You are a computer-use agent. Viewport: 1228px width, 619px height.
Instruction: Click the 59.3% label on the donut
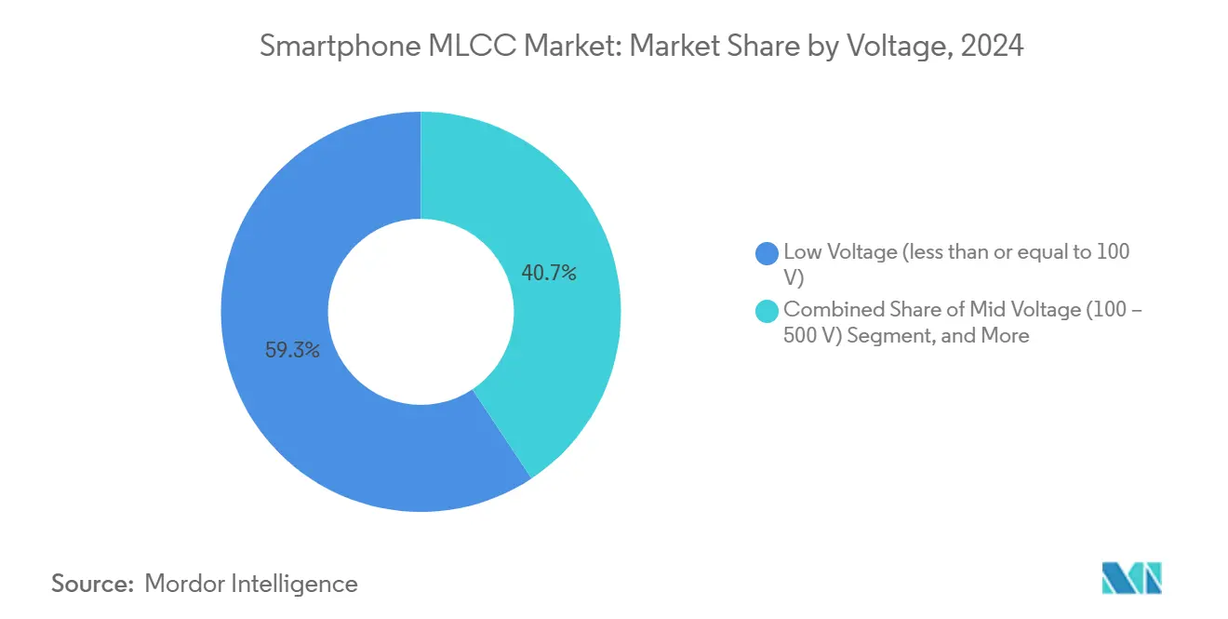coord(292,351)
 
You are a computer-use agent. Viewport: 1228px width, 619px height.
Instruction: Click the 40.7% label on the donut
coord(548,273)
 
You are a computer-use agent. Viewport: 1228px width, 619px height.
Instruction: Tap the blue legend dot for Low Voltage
coord(767,252)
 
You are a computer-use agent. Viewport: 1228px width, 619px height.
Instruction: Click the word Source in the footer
coord(90,584)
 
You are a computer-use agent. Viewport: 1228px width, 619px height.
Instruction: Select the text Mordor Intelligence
coord(251,584)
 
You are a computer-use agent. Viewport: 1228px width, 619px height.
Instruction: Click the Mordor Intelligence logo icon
coord(1131,578)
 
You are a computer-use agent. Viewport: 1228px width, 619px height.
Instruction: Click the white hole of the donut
coord(420,312)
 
